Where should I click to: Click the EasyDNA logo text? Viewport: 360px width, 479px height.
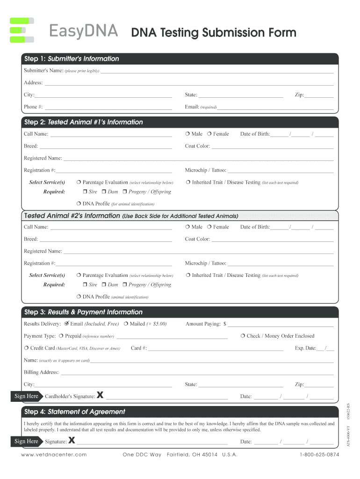tap(85, 32)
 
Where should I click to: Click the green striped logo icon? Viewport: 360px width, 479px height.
tap(22, 30)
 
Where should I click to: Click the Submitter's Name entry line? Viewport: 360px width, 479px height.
tap(217, 71)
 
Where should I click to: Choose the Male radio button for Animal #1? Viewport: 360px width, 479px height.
tap(187, 134)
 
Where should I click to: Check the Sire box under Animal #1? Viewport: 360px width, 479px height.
tap(85, 192)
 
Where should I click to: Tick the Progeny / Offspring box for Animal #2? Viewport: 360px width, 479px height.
tap(125, 285)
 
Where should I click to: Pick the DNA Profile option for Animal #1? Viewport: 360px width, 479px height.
tap(79, 204)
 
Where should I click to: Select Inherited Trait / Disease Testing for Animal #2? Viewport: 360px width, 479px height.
tap(187, 276)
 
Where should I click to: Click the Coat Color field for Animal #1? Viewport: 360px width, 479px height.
tap(273, 146)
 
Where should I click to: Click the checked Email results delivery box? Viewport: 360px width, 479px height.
tap(66, 324)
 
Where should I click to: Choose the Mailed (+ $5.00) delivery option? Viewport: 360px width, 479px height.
tap(126, 324)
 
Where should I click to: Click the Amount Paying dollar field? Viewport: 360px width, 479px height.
tap(280, 324)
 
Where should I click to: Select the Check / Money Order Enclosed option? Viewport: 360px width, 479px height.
tap(243, 336)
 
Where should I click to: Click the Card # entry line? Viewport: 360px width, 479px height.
tap(215, 348)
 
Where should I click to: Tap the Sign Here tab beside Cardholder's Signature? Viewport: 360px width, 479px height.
tap(27, 396)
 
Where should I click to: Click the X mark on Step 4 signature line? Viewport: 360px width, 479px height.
tap(72, 440)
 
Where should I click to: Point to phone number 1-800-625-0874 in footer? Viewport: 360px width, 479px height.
tap(319, 455)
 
